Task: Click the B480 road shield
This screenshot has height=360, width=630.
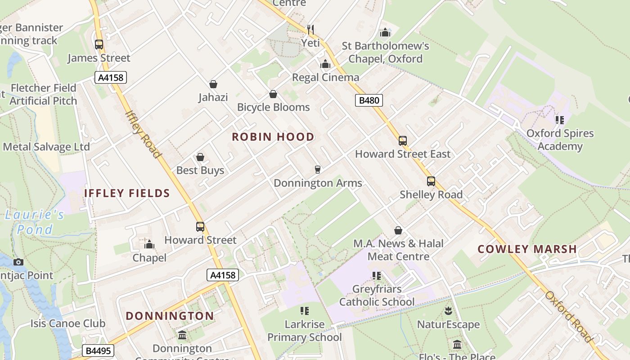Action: pyautogui.click(x=369, y=100)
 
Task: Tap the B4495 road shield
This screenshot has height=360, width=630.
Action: pyautogui.click(x=99, y=351)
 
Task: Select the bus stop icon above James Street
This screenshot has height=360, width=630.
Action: pyautogui.click(x=99, y=45)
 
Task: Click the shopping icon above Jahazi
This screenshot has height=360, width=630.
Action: pyautogui.click(x=213, y=84)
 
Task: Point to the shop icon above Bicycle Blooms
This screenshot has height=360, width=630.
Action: pyautogui.click(x=273, y=94)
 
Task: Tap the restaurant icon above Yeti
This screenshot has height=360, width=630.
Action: pyautogui.click(x=310, y=30)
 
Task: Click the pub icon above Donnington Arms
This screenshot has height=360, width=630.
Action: pyautogui.click(x=318, y=170)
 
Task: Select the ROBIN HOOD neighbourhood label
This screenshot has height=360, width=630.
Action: pyautogui.click(x=273, y=137)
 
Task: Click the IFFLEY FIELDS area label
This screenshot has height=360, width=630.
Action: pyautogui.click(x=127, y=193)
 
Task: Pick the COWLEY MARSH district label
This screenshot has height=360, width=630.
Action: pyautogui.click(x=527, y=249)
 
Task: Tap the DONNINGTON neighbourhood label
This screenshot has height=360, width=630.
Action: pyautogui.click(x=170, y=316)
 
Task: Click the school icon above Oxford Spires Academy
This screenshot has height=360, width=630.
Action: pyautogui.click(x=560, y=120)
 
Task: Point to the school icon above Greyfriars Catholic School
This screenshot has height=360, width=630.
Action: pyautogui.click(x=377, y=275)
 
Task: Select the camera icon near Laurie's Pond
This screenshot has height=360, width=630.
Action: pyautogui.click(x=18, y=262)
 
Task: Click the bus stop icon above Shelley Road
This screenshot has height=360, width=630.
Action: pyautogui.click(x=431, y=181)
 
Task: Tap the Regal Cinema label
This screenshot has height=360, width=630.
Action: pyautogui.click(x=326, y=77)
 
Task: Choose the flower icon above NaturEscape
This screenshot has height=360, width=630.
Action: pyautogui.click(x=448, y=310)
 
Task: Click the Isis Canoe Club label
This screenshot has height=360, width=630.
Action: pyautogui.click(x=68, y=323)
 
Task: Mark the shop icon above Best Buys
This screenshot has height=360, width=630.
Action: pyautogui.click(x=200, y=157)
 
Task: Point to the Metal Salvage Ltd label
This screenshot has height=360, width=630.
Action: pyautogui.click(x=46, y=147)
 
